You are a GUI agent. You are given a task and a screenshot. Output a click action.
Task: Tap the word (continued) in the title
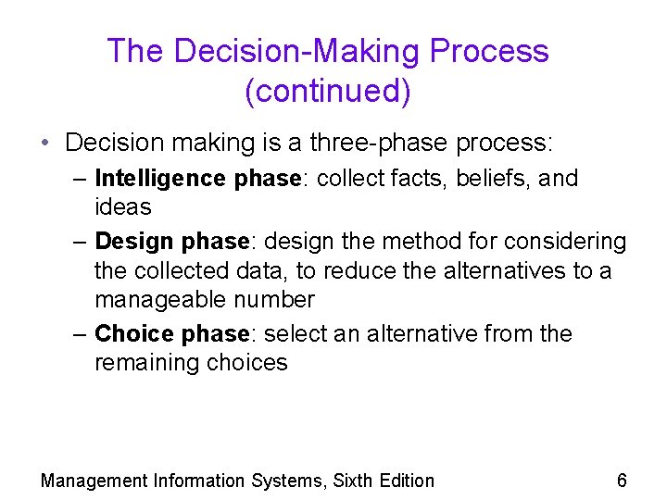pos(328,91)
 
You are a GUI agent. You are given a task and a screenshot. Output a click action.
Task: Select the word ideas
pos(123,206)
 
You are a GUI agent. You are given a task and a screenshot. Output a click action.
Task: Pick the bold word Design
pos(134,242)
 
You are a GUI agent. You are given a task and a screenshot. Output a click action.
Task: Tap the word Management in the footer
pos(94,481)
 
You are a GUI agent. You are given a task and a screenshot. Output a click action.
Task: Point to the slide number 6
pos(622,480)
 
